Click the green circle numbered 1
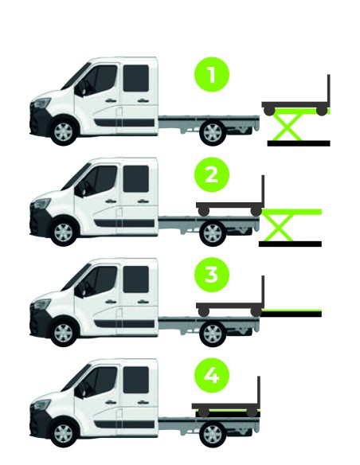point(212,74)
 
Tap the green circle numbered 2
point(212,174)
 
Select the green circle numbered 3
point(212,275)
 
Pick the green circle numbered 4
point(212,376)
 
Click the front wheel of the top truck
point(64,131)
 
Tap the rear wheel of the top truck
point(213,132)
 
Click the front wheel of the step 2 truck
point(64,232)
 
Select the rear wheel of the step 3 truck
point(213,334)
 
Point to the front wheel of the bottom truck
point(64,434)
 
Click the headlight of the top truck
point(42,103)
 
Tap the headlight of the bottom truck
point(42,404)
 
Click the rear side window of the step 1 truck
point(136,78)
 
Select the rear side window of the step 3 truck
point(136,279)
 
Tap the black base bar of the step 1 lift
point(299,143)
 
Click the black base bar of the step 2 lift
point(290,244)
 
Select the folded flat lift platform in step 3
point(292,313)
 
